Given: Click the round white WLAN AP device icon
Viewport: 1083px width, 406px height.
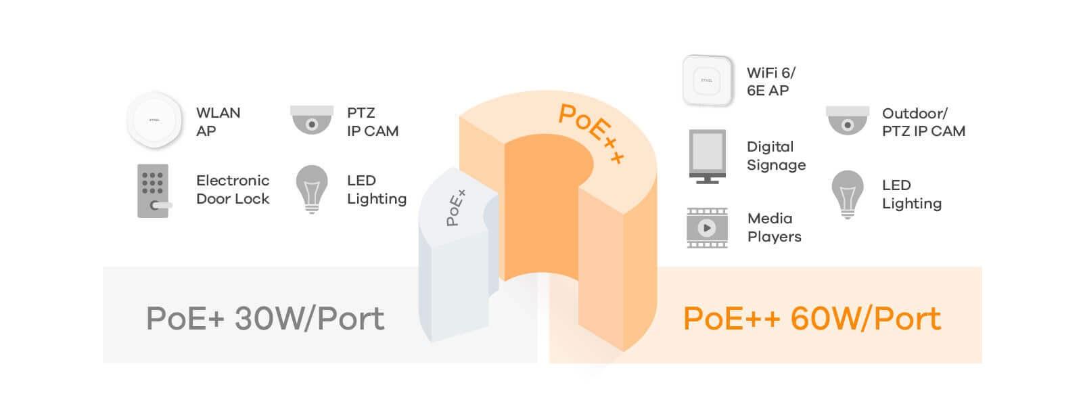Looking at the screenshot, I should pos(155,120).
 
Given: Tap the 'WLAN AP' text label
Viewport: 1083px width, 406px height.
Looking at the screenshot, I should pos(218,122).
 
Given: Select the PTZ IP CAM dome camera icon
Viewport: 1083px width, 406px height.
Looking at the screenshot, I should pos(312,120).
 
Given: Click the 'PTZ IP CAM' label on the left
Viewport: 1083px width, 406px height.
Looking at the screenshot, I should pos(372,122).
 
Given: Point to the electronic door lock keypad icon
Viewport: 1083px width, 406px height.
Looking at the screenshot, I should pos(154,191).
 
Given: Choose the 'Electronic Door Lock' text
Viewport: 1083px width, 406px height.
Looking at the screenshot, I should pos(233,189).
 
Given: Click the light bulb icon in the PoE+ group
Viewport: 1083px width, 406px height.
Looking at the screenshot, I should pos(312,189).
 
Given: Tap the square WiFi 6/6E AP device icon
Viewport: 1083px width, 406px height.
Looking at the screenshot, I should pos(708,81).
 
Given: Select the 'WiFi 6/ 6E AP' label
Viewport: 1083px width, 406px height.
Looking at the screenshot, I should pos(770,81).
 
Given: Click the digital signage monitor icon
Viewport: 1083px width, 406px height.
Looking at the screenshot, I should pos(707,156).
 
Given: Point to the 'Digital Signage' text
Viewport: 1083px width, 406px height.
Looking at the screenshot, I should pos(776,156).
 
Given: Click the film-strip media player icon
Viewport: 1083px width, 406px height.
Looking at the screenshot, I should pos(707,228).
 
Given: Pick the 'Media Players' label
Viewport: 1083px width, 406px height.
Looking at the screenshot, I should pos(774,227).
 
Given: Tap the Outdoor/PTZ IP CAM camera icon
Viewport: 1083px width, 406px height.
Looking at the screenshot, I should pos(848,120).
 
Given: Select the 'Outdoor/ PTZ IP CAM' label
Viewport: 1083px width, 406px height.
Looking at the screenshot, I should pos(923,122).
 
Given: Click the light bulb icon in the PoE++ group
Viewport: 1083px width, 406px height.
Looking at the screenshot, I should pos(848,194).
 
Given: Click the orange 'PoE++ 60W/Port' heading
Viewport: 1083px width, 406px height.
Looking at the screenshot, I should pos(812,319).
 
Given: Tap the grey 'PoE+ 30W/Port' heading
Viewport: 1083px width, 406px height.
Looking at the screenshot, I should pos(265,319).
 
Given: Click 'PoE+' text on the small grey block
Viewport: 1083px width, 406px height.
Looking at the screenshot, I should pos(456,208).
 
